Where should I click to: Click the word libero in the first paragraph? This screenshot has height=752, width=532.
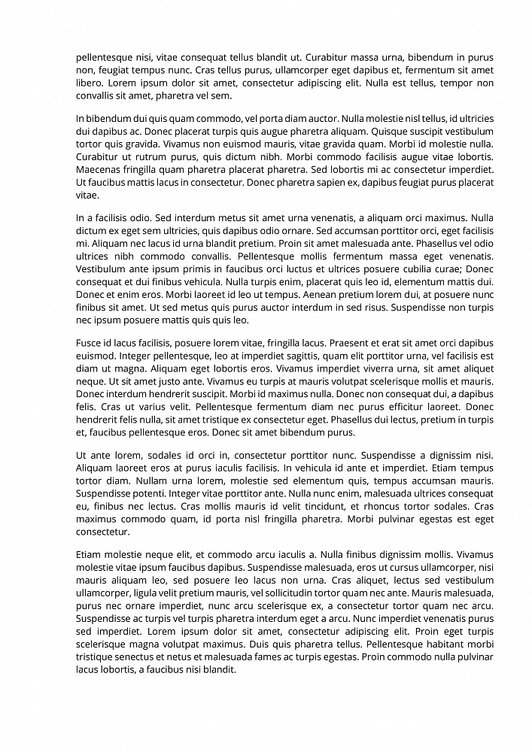89,83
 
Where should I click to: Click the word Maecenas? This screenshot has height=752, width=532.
99,169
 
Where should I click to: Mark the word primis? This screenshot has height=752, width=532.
189,269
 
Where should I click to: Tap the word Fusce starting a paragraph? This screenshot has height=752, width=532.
90,343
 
